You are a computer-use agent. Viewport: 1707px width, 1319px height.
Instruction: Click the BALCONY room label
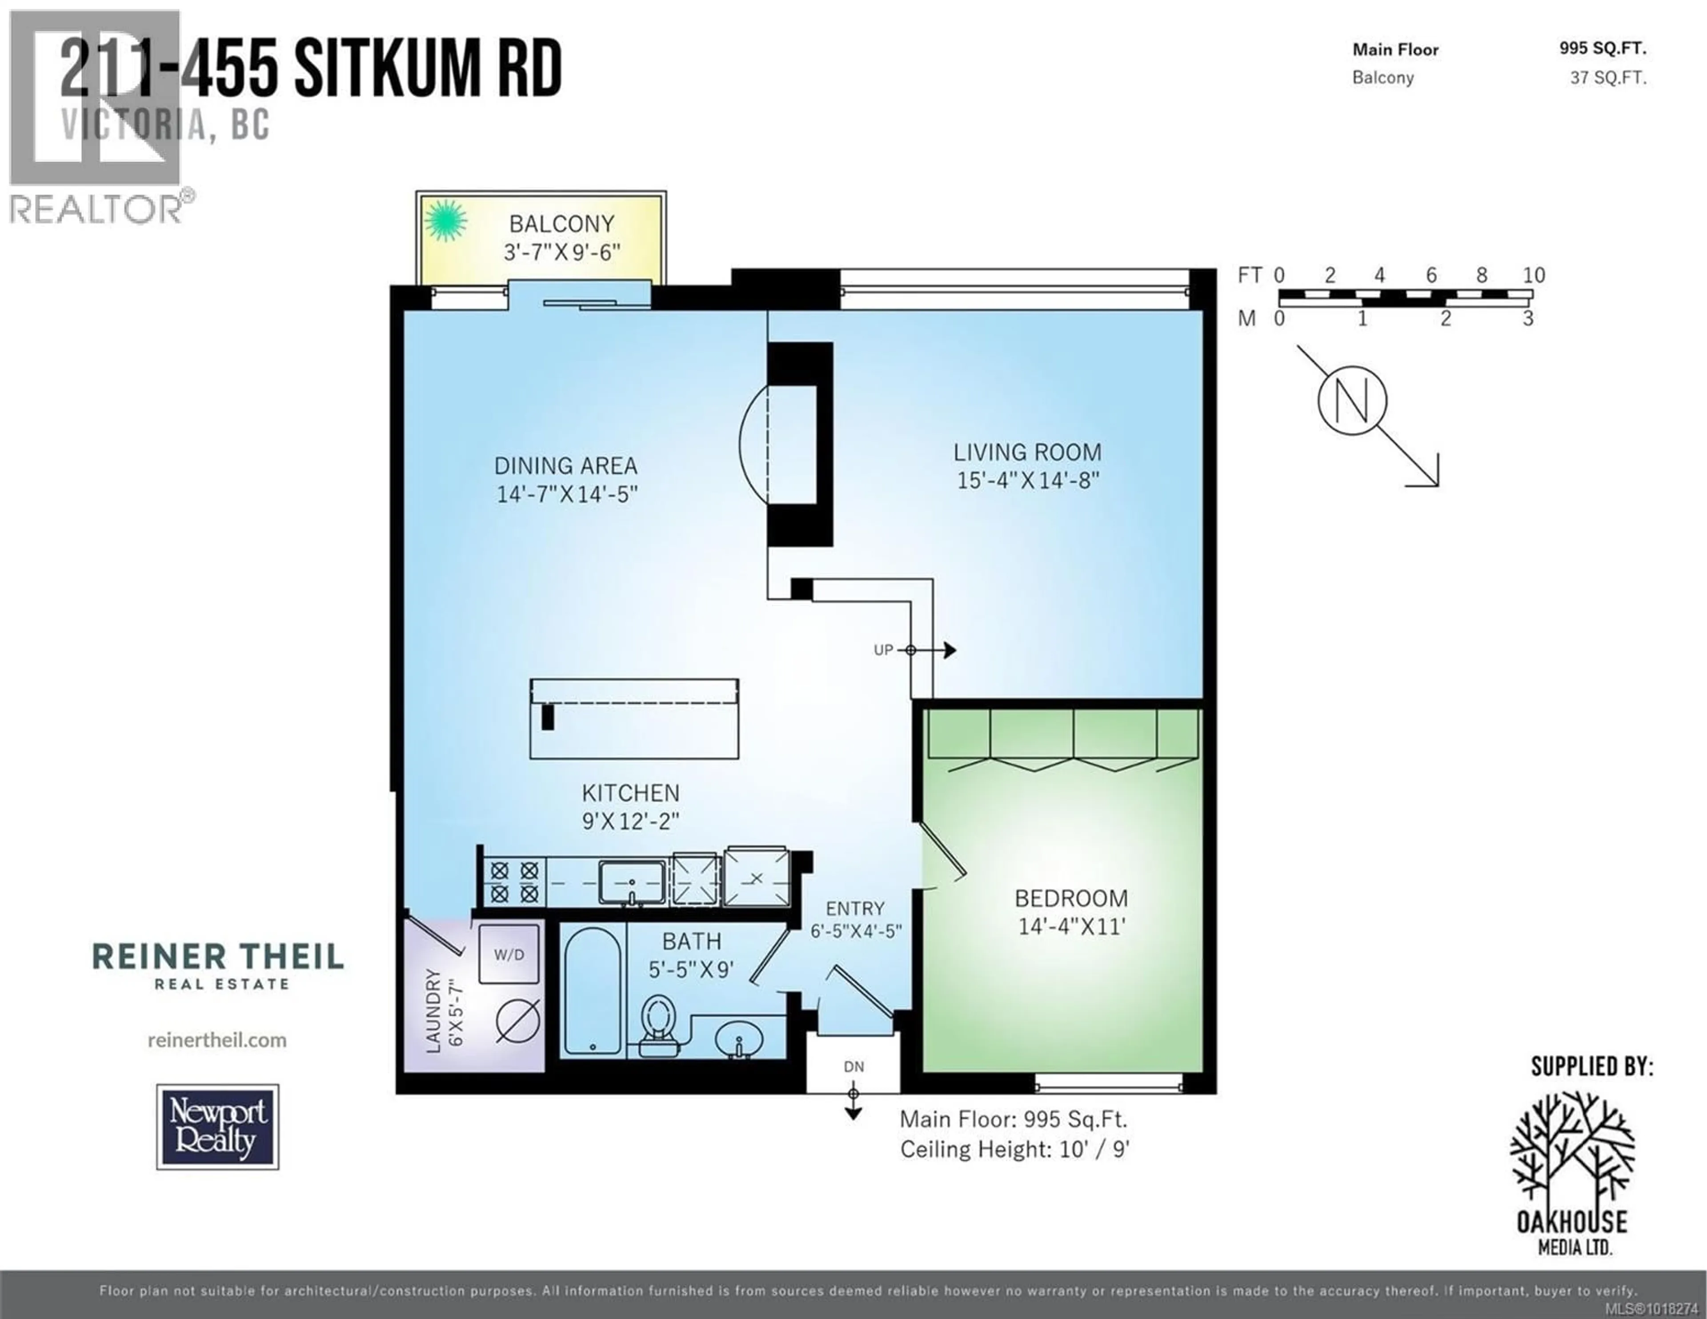pyautogui.click(x=561, y=225)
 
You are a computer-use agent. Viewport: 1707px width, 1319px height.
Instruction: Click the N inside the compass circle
pyautogui.click(x=1352, y=400)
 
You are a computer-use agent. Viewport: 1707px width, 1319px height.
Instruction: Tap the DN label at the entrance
pyautogui.click(x=853, y=1066)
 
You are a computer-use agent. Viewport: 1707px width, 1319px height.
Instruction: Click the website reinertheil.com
pyautogui.click(x=217, y=1040)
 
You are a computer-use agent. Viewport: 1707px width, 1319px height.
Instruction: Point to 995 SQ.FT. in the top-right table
pyautogui.click(x=1602, y=48)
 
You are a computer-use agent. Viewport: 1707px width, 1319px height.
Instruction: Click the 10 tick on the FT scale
pyautogui.click(x=1533, y=275)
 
